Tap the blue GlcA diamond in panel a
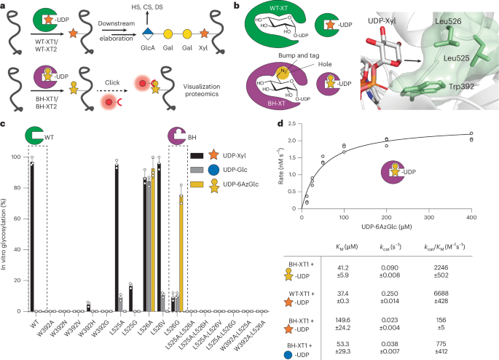149,35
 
